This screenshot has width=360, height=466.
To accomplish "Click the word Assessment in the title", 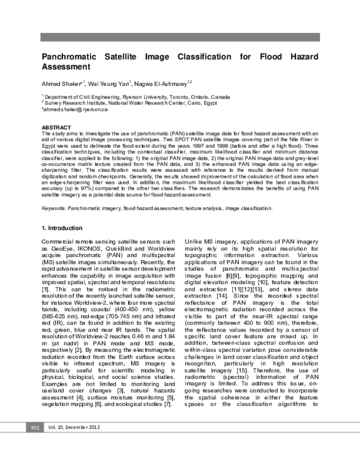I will pos(65,67).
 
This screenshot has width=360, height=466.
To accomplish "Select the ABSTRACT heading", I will pos(55,127).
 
